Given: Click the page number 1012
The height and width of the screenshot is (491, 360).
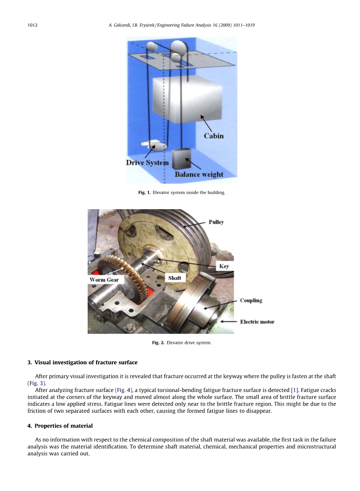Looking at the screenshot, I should coord(33,25).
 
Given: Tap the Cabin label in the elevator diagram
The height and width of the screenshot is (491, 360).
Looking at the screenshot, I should coord(213,136).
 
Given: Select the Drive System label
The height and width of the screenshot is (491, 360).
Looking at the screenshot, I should coord(147,162).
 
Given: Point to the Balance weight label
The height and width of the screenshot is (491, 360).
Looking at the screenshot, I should coord(199,174).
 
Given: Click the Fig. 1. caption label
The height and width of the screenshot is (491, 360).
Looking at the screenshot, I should coord(144,193).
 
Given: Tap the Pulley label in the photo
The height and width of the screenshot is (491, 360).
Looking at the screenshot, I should coord(216,222).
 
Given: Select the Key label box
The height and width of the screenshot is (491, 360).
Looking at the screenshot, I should coord(224,266).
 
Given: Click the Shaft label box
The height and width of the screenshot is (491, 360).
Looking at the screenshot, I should coord(174,278).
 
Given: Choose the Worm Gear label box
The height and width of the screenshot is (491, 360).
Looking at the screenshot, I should coord(104,280).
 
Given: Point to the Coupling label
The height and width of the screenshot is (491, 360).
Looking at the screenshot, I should coord(251,300).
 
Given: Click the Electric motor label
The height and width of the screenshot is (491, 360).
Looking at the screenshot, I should coord(257,322).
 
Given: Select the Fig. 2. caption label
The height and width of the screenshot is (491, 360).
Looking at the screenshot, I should coord(158,343).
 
